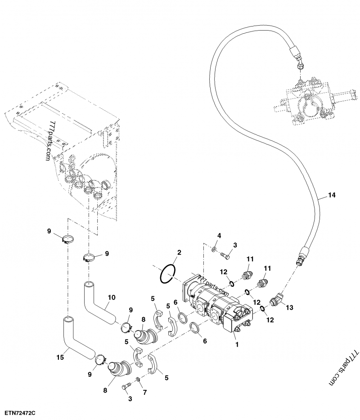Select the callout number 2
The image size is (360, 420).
pos(179,254)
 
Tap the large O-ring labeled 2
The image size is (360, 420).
pos(168,273)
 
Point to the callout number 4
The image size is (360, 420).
pos(219,236)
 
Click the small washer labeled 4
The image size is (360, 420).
pos(215,249)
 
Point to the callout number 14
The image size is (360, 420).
pos(332,195)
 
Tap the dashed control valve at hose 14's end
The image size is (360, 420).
pos(306,101)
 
